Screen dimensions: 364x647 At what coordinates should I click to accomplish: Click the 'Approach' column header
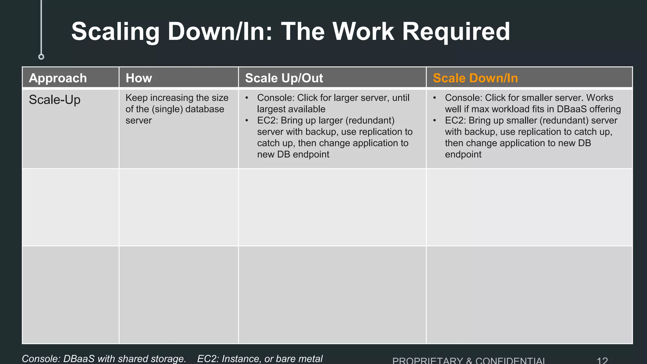(58, 78)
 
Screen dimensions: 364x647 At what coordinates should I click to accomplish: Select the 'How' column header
(139, 78)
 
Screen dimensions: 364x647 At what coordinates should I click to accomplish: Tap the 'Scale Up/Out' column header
(284, 78)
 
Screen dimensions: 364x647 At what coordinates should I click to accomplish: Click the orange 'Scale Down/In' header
(475, 78)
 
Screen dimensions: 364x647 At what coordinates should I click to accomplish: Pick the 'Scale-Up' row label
(55, 100)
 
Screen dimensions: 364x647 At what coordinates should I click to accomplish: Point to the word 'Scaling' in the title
(116, 32)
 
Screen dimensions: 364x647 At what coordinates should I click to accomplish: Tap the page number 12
(602, 361)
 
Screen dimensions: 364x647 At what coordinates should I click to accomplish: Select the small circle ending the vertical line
(41, 57)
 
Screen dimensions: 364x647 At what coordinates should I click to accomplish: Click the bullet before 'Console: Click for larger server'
(247, 98)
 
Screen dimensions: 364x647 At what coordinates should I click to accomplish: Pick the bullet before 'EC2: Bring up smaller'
(435, 120)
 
